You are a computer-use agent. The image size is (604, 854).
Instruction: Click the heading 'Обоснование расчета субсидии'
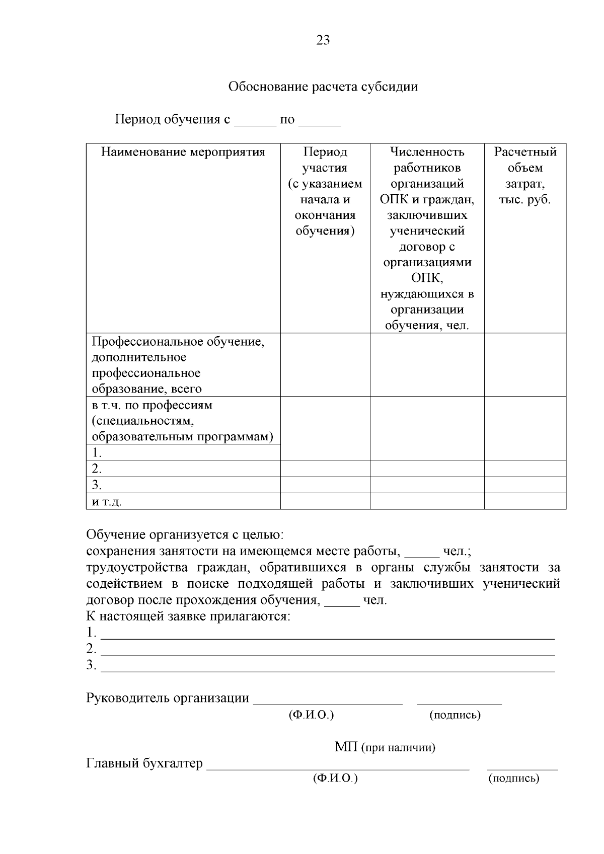323,87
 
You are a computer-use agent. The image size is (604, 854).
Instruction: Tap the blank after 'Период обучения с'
256,121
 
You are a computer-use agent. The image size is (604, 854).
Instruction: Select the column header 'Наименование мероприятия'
183,152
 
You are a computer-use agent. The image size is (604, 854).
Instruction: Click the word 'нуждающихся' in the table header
427,294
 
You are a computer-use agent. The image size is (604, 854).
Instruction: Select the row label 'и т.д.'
107,501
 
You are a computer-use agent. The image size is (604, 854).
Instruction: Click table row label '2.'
97,469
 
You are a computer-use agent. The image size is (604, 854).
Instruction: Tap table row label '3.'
97,485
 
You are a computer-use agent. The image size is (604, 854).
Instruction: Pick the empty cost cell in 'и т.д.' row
524,501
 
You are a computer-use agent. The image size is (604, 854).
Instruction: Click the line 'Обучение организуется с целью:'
185,534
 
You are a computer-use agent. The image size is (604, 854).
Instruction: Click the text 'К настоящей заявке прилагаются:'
189,616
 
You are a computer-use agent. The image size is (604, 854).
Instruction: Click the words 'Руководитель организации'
168,698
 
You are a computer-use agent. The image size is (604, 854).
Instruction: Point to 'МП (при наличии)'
385,747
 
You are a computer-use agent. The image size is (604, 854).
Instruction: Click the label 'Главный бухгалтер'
144,763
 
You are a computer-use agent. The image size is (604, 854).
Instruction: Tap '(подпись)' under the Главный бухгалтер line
513,779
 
